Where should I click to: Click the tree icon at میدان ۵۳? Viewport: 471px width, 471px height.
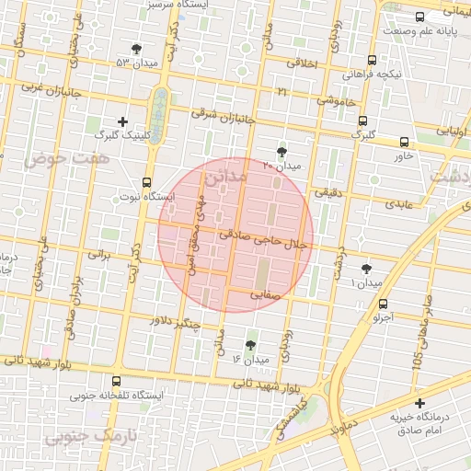[x=137, y=48]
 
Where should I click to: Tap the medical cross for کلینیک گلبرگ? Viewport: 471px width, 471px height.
[x=123, y=121]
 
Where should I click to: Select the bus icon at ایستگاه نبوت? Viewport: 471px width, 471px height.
[x=146, y=182]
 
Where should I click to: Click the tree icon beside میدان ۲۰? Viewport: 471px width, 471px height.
[x=281, y=152]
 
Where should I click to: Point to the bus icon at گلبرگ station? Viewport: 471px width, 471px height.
[x=363, y=121]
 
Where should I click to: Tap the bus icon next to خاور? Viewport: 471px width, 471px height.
[x=404, y=142]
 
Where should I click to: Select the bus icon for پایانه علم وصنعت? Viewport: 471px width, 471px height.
[x=420, y=17]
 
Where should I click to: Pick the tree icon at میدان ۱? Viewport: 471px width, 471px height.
[x=367, y=268]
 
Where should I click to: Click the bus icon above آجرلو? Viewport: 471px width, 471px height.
[x=383, y=304]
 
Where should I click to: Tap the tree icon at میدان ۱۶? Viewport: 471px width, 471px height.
[x=250, y=345]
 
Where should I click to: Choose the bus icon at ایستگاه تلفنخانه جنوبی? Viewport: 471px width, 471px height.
[x=116, y=381]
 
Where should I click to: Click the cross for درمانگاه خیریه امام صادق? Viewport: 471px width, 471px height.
[x=420, y=403]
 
